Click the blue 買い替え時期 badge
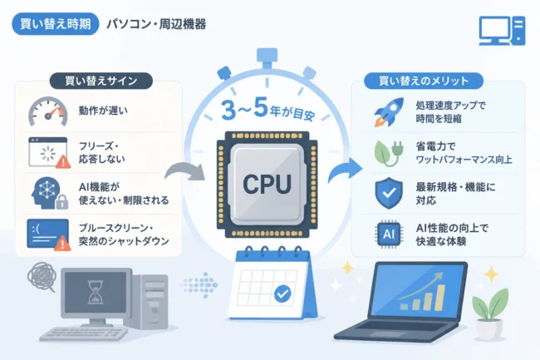coord(56,24)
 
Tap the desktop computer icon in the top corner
coord(502,31)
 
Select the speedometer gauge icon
coord(48,111)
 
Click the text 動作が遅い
coord(103,111)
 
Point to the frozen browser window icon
coord(49,152)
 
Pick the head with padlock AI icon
coord(49,193)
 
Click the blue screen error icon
coord(48,234)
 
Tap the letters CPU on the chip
coord(267,184)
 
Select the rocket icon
coord(389,111)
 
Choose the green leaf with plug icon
coord(389,153)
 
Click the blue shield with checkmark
coord(389,193)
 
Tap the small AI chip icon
coord(389,234)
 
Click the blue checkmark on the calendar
coord(282,293)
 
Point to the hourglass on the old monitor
coord(95,292)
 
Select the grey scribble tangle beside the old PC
coord(42,276)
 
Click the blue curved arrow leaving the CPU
coord(345,170)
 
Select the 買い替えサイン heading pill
coord(101,81)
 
